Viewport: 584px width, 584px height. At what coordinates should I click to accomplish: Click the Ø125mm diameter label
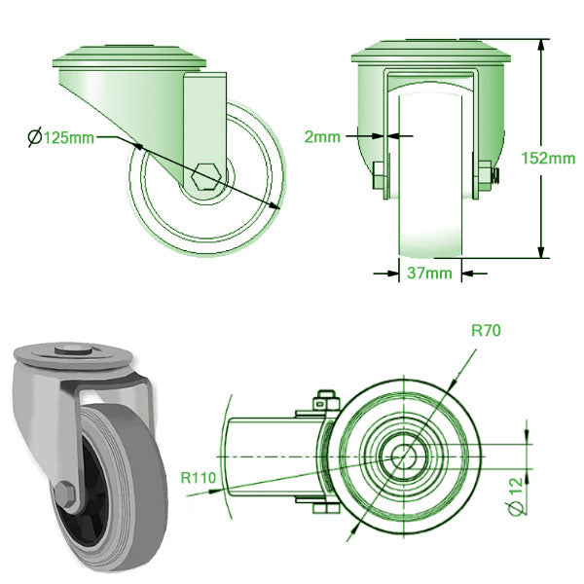coord(60,137)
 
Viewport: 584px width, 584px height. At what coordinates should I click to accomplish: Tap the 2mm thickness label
coord(322,136)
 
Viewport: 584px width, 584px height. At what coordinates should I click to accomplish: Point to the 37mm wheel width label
coord(428,274)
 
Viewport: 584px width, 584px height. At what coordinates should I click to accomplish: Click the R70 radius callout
coord(486,331)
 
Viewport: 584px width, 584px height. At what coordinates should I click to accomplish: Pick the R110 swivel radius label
coord(199,478)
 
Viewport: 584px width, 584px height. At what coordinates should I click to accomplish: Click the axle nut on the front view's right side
coord(485,175)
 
